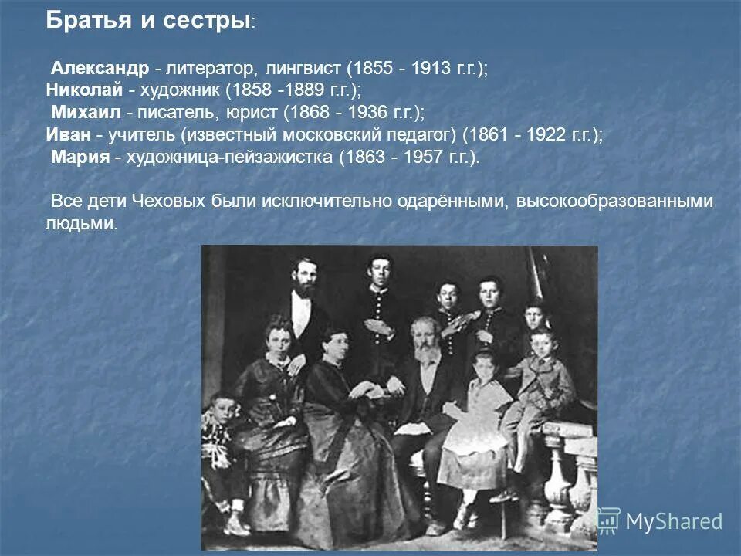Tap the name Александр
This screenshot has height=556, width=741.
(100, 68)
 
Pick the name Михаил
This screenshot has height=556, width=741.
(85, 113)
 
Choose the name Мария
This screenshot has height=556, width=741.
(80, 158)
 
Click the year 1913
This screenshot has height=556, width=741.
(431, 68)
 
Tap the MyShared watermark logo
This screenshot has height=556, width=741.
(660, 520)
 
